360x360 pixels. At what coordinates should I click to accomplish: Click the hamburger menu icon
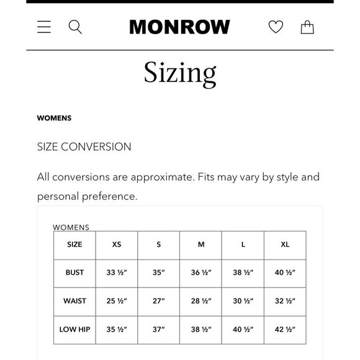(44, 27)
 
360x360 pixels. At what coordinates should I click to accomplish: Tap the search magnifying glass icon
(75, 27)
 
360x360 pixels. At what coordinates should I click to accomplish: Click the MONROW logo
(179, 27)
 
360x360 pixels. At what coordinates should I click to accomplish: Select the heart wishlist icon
(276, 27)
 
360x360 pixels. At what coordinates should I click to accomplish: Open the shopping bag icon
(307, 27)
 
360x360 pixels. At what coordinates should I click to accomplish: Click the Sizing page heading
(180, 73)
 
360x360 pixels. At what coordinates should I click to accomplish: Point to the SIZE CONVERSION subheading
(84, 147)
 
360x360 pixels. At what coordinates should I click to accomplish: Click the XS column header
(117, 245)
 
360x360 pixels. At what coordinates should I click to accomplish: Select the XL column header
(285, 245)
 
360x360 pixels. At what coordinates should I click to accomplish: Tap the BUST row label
(74, 272)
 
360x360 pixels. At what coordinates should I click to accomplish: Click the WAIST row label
(74, 301)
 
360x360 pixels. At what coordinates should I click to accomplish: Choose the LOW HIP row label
(74, 330)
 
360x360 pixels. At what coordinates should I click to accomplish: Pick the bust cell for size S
(159, 272)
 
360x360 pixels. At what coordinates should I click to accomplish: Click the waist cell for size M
(201, 301)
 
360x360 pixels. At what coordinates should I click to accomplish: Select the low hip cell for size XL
(285, 330)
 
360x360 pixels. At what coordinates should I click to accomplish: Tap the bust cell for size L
(243, 272)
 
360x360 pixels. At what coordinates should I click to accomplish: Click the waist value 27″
(159, 301)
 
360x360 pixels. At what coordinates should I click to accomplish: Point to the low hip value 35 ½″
(117, 330)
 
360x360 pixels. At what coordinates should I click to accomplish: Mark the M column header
(201, 245)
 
